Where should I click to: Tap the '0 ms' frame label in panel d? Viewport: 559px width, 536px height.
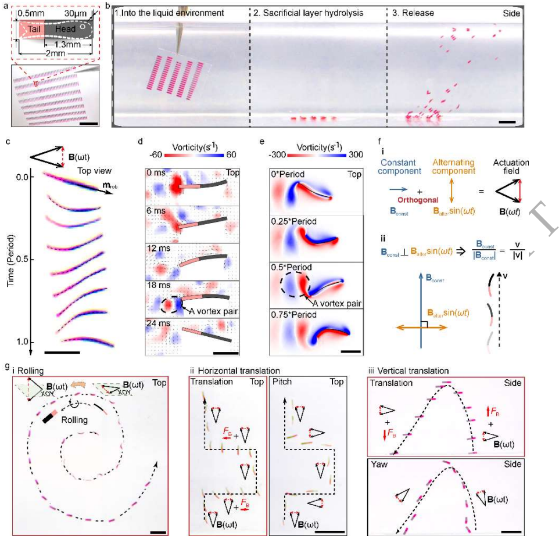(x=155, y=172)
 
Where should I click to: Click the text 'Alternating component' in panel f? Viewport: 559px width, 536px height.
(x=454, y=167)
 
